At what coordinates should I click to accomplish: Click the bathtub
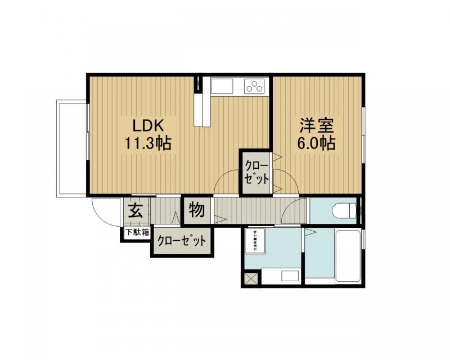click(x=348, y=255)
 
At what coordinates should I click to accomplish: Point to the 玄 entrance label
click(x=135, y=211)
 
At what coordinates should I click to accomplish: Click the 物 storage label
click(x=196, y=210)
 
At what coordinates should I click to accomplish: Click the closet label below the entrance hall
click(x=181, y=241)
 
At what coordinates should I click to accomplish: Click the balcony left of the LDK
click(x=71, y=148)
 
